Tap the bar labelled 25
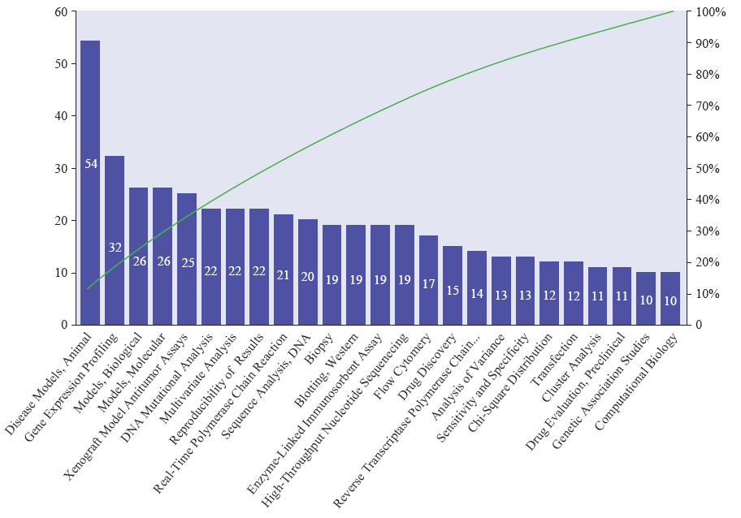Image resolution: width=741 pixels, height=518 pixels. click(187, 259)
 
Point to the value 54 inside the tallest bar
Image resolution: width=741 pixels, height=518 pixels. click(91, 164)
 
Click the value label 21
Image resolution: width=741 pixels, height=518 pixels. click(284, 275)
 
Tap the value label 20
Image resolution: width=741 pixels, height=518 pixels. click(308, 277)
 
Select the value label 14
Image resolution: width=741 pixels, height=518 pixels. click(477, 294)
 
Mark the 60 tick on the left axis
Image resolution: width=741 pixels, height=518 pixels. click(62, 12)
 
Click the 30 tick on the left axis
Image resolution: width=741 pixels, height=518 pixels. click(62, 169)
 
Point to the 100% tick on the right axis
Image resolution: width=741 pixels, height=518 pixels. click(704, 12)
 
